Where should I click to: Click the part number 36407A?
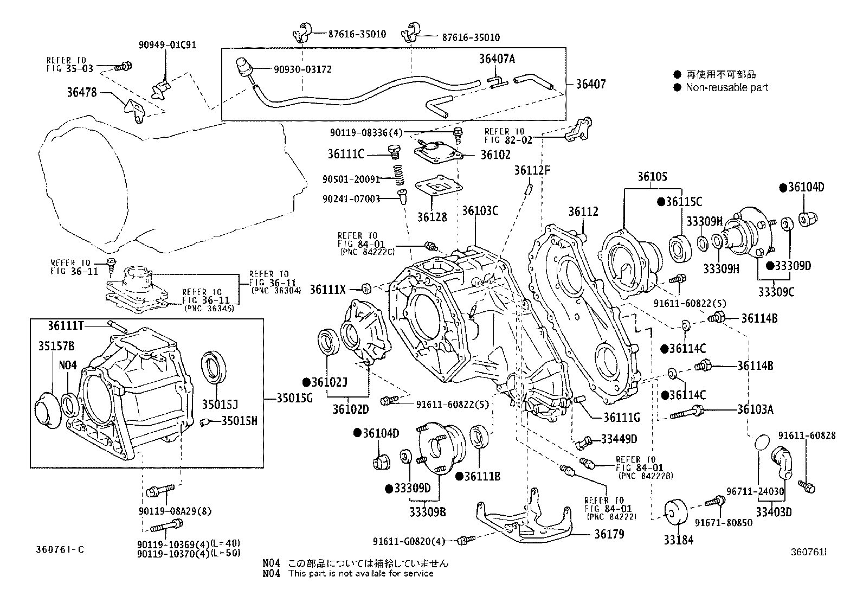[x=497, y=59]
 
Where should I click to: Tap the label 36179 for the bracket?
[x=609, y=534]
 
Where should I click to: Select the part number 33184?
[x=678, y=540]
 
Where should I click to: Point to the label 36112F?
[x=532, y=170]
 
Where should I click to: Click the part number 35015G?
[x=295, y=398]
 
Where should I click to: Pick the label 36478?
[x=82, y=93]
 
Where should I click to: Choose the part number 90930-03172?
[x=303, y=69]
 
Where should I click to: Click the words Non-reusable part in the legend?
[x=726, y=87]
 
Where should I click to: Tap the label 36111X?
[x=328, y=290]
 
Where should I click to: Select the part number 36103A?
[x=755, y=409]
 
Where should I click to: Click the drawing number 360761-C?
[x=60, y=549]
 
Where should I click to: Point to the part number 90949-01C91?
[x=168, y=45]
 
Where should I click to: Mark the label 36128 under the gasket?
[x=432, y=217]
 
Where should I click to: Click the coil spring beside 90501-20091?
[x=400, y=176]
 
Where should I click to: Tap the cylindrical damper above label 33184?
[x=676, y=512]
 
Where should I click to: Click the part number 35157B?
[x=56, y=346]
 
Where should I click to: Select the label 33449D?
[x=619, y=439]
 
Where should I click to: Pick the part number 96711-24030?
[x=755, y=491]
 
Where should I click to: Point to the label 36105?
[x=652, y=177]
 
